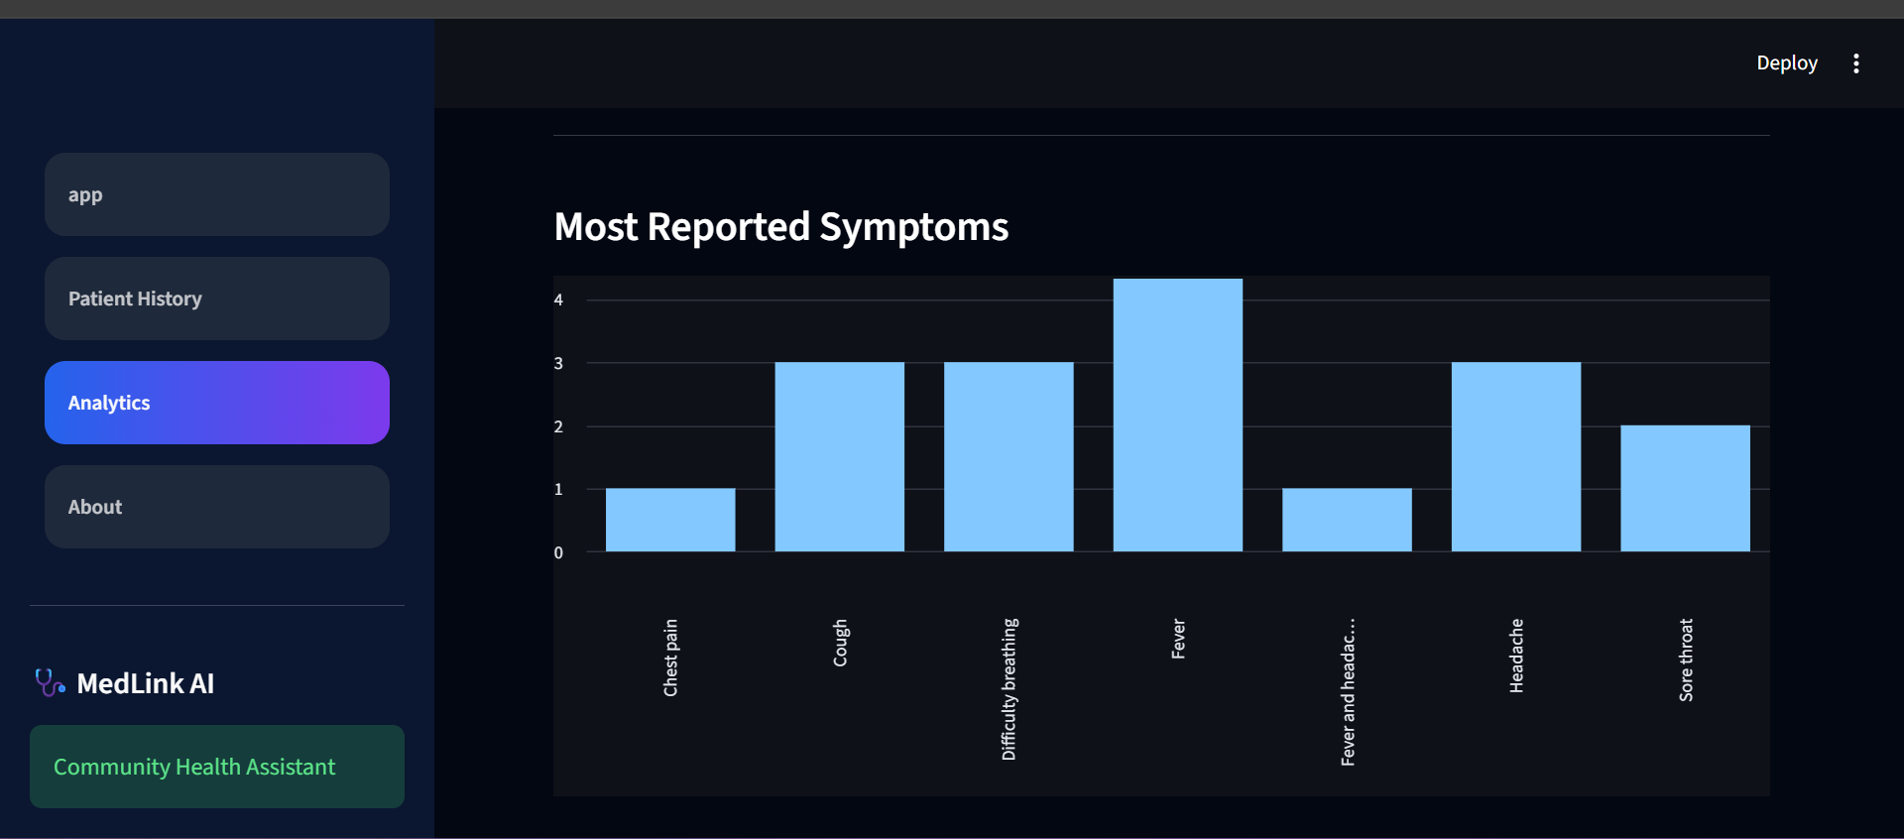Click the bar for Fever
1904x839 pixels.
point(1177,415)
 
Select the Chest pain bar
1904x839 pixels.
point(670,520)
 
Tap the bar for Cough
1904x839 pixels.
point(839,456)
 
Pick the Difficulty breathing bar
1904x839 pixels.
point(1009,456)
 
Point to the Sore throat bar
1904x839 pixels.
point(1685,488)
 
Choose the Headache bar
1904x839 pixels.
point(1516,456)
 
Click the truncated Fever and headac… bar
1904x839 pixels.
point(1347,520)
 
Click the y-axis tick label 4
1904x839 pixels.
point(558,300)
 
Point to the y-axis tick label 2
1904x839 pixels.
point(558,426)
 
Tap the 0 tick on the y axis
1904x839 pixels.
point(558,552)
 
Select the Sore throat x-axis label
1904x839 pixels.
point(1686,660)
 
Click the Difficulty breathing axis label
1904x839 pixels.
point(1010,689)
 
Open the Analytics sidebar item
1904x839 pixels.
point(217,403)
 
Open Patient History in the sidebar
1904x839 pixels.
point(217,299)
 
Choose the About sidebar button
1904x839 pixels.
point(217,507)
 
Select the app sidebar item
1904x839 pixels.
point(217,194)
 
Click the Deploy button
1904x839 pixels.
point(1787,63)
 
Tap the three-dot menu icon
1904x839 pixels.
point(1856,63)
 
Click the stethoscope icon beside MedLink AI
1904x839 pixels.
point(50,682)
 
